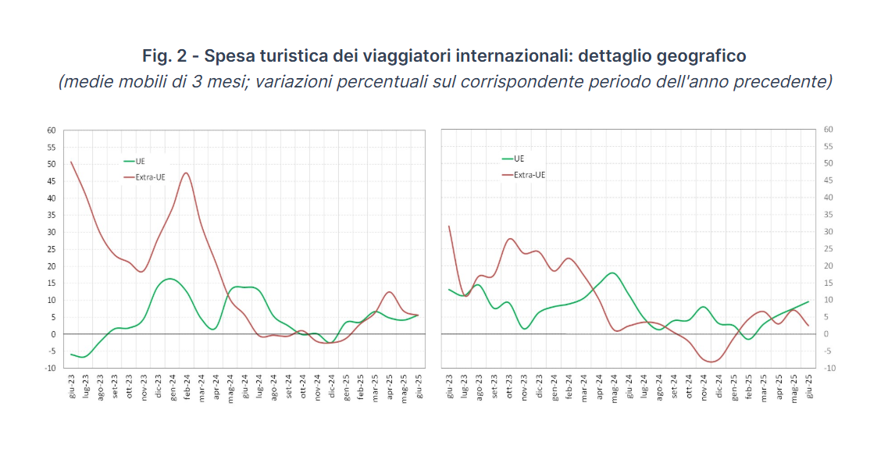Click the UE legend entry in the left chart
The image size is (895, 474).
(x=140, y=162)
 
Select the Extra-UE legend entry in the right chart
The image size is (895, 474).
(x=529, y=175)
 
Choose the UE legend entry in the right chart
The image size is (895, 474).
(x=519, y=159)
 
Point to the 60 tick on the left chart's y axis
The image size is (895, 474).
(x=51, y=130)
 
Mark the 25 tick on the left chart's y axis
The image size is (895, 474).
(x=51, y=249)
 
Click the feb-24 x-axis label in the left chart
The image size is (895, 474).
(x=187, y=387)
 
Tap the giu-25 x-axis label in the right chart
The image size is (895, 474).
(x=808, y=387)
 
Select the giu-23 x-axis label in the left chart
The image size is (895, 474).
(x=72, y=387)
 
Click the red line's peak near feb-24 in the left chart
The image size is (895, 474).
(x=186, y=173)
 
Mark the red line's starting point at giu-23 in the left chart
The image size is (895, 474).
(x=71, y=162)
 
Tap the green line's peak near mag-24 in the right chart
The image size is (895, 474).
(x=612, y=273)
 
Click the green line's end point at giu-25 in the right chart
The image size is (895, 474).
(x=808, y=301)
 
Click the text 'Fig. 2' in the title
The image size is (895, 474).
(x=167, y=56)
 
